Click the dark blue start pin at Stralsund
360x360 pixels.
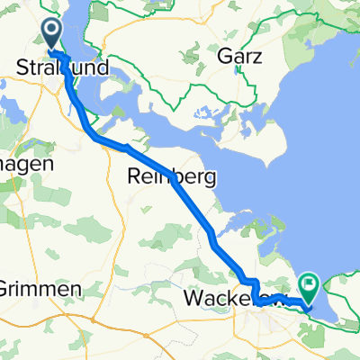(x=50, y=34)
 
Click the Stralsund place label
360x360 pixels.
(x=63, y=67)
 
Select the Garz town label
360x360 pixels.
(x=240, y=56)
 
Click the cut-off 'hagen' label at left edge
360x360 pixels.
(x=27, y=164)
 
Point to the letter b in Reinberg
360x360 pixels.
(x=178, y=178)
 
